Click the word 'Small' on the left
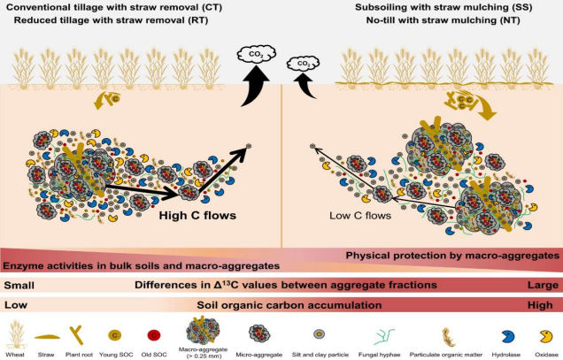point(19,285)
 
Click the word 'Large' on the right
point(543,285)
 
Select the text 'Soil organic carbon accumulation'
point(281,304)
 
